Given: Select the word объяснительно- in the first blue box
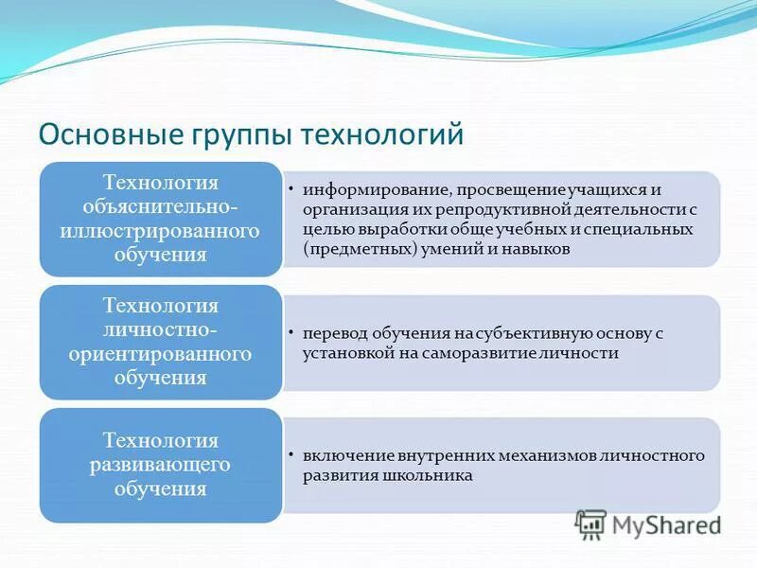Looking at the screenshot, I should pyautogui.click(x=160, y=206).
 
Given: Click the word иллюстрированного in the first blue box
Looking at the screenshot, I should pyautogui.click(x=160, y=231).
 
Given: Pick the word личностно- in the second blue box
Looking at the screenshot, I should pyautogui.click(x=160, y=329).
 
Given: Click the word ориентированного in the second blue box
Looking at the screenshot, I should pyautogui.click(x=160, y=354).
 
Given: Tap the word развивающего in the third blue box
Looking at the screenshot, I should pyautogui.click(x=160, y=465).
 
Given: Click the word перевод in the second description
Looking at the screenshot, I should pyautogui.click(x=330, y=332).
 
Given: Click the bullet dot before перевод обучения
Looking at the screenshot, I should pyautogui.click(x=291, y=333).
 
